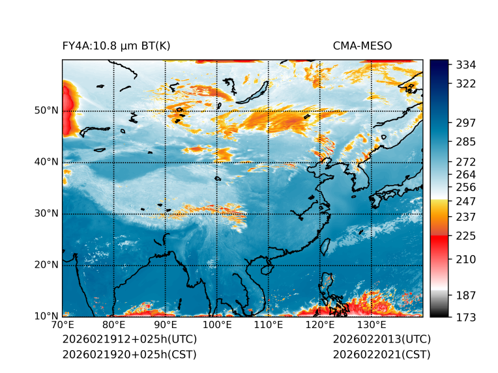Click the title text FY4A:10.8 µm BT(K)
pos(116,46)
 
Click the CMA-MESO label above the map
pos(362,46)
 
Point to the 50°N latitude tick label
pos(46,111)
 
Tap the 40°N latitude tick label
pos(46,162)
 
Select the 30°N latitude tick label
pos(46,214)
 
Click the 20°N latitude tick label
pos(46,265)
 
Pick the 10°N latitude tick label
pos(46,316)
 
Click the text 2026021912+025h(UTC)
pos(129,340)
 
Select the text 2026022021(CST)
pos(381,355)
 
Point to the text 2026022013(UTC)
pos(381,340)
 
